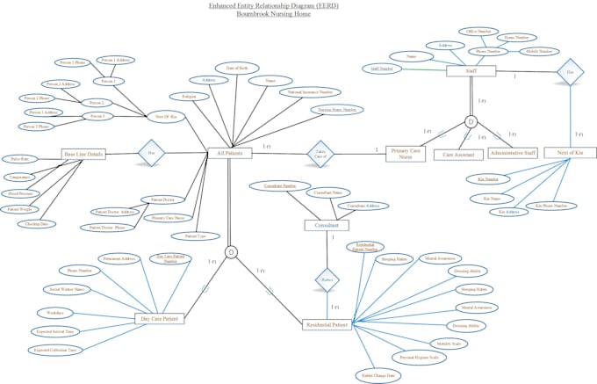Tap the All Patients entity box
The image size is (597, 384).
(x=229, y=153)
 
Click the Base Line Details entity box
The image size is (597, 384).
(x=84, y=153)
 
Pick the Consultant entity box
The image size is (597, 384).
(x=326, y=226)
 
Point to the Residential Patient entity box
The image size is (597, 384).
(x=326, y=324)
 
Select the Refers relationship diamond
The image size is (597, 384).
(x=327, y=279)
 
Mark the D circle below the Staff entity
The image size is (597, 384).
(x=471, y=121)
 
